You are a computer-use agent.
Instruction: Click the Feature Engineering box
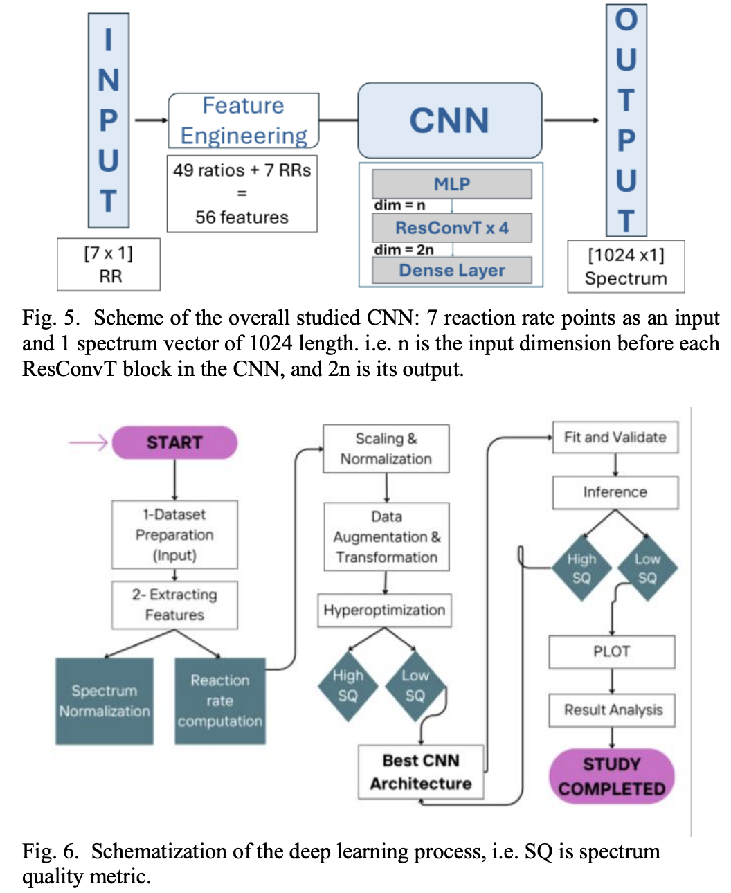(x=243, y=120)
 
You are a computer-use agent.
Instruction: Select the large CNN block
(x=449, y=120)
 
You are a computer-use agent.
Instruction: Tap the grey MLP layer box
(x=452, y=184)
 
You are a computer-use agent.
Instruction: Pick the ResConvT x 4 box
(x=452, y=228)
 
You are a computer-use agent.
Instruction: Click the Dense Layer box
(x=452, y=270)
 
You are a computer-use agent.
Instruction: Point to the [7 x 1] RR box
(x=109, y=264)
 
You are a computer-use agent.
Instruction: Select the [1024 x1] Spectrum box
(x=626, y=267)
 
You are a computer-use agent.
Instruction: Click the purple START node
(x=174, y=442)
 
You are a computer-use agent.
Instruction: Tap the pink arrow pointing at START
(x=88, y=442)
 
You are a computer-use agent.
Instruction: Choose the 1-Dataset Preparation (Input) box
(x=174, y=534)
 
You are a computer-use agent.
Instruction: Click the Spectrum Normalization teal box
(x=105, y=701)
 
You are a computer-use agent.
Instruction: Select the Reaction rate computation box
(x=220, y=701)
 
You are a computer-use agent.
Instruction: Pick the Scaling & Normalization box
(x=386, y=449)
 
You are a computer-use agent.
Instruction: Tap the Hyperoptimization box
(x=384, y=610)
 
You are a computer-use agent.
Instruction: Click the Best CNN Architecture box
(x=421, y=772)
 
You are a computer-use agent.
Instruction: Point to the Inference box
(x=615, y=492)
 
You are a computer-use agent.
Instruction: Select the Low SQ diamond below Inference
(x=647, y=568)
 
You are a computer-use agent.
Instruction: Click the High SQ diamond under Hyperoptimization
(x=348, y=685)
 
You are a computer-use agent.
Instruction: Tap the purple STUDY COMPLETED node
(x=611, y=776)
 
